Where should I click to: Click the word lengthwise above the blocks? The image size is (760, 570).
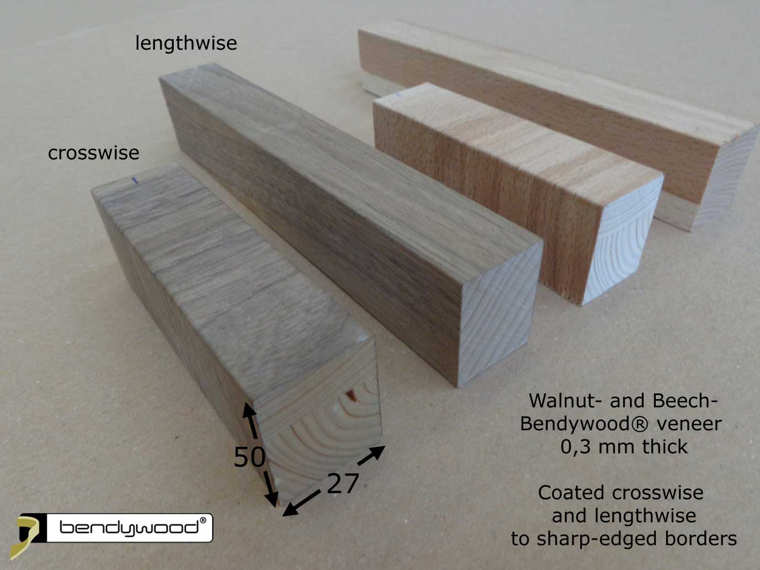coord(186,43)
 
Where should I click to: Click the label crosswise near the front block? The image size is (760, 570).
coord(93,153)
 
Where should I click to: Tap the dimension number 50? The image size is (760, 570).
coord(249,457)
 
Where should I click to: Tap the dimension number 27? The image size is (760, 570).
coord(342,484)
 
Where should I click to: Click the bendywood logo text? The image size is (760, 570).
coord(128,528)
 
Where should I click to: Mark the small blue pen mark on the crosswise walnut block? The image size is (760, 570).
coord(133,180)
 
